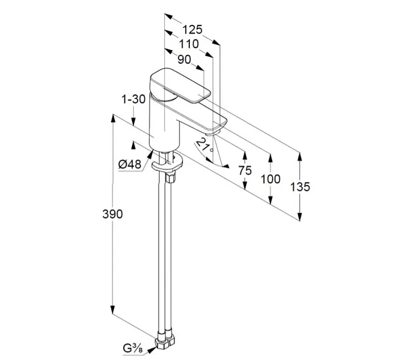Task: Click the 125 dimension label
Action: tap(193, 30)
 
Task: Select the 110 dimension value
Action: tap(189, 44)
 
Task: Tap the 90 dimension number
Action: tap(184, 60)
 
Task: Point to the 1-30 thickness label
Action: tap(134, 99)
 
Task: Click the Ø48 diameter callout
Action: tap(130, 164)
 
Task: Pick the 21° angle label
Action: tap(205, 145)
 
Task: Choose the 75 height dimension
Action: tap(245, 171)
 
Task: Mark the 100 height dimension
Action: tap(270, 179)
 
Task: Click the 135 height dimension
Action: tap(300, 187)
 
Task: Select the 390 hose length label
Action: tap(112, 214)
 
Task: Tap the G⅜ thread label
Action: tap(133, 349)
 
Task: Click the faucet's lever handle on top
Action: tap(180, 86)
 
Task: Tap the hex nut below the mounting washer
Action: tap(170, 177)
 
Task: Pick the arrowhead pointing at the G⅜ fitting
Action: tap(151, 350)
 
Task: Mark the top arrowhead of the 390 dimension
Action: tap(113, 119)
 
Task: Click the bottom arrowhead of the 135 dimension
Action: tap(300, 216)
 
